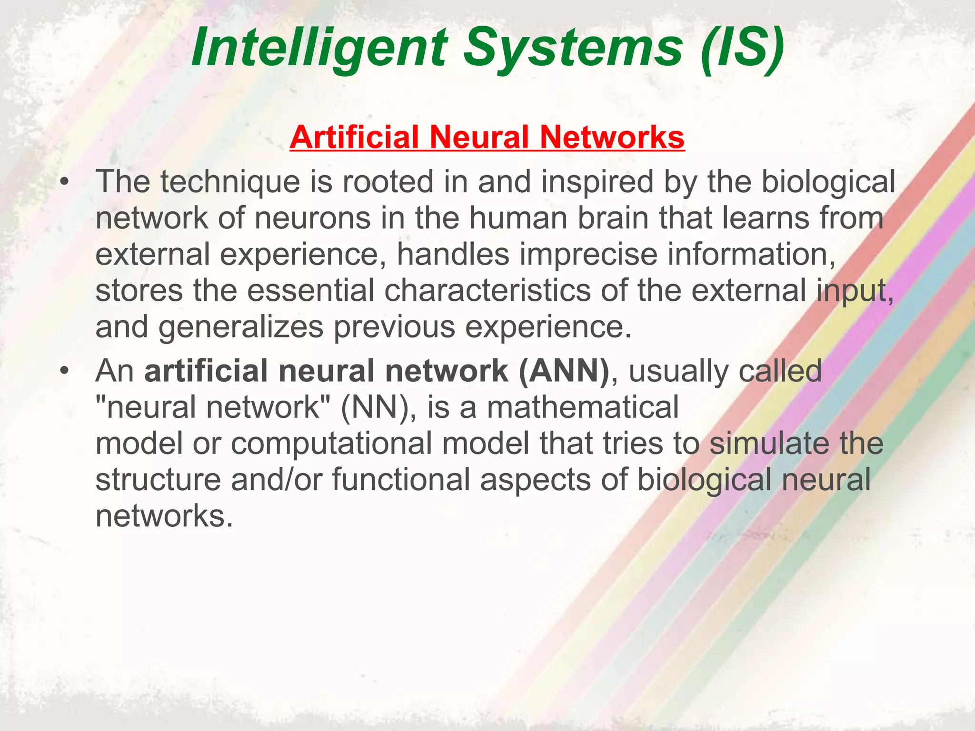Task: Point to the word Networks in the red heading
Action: (612, 137)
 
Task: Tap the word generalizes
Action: (241, 327)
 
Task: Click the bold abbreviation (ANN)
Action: (564, 371)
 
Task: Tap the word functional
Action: (401, 480)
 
